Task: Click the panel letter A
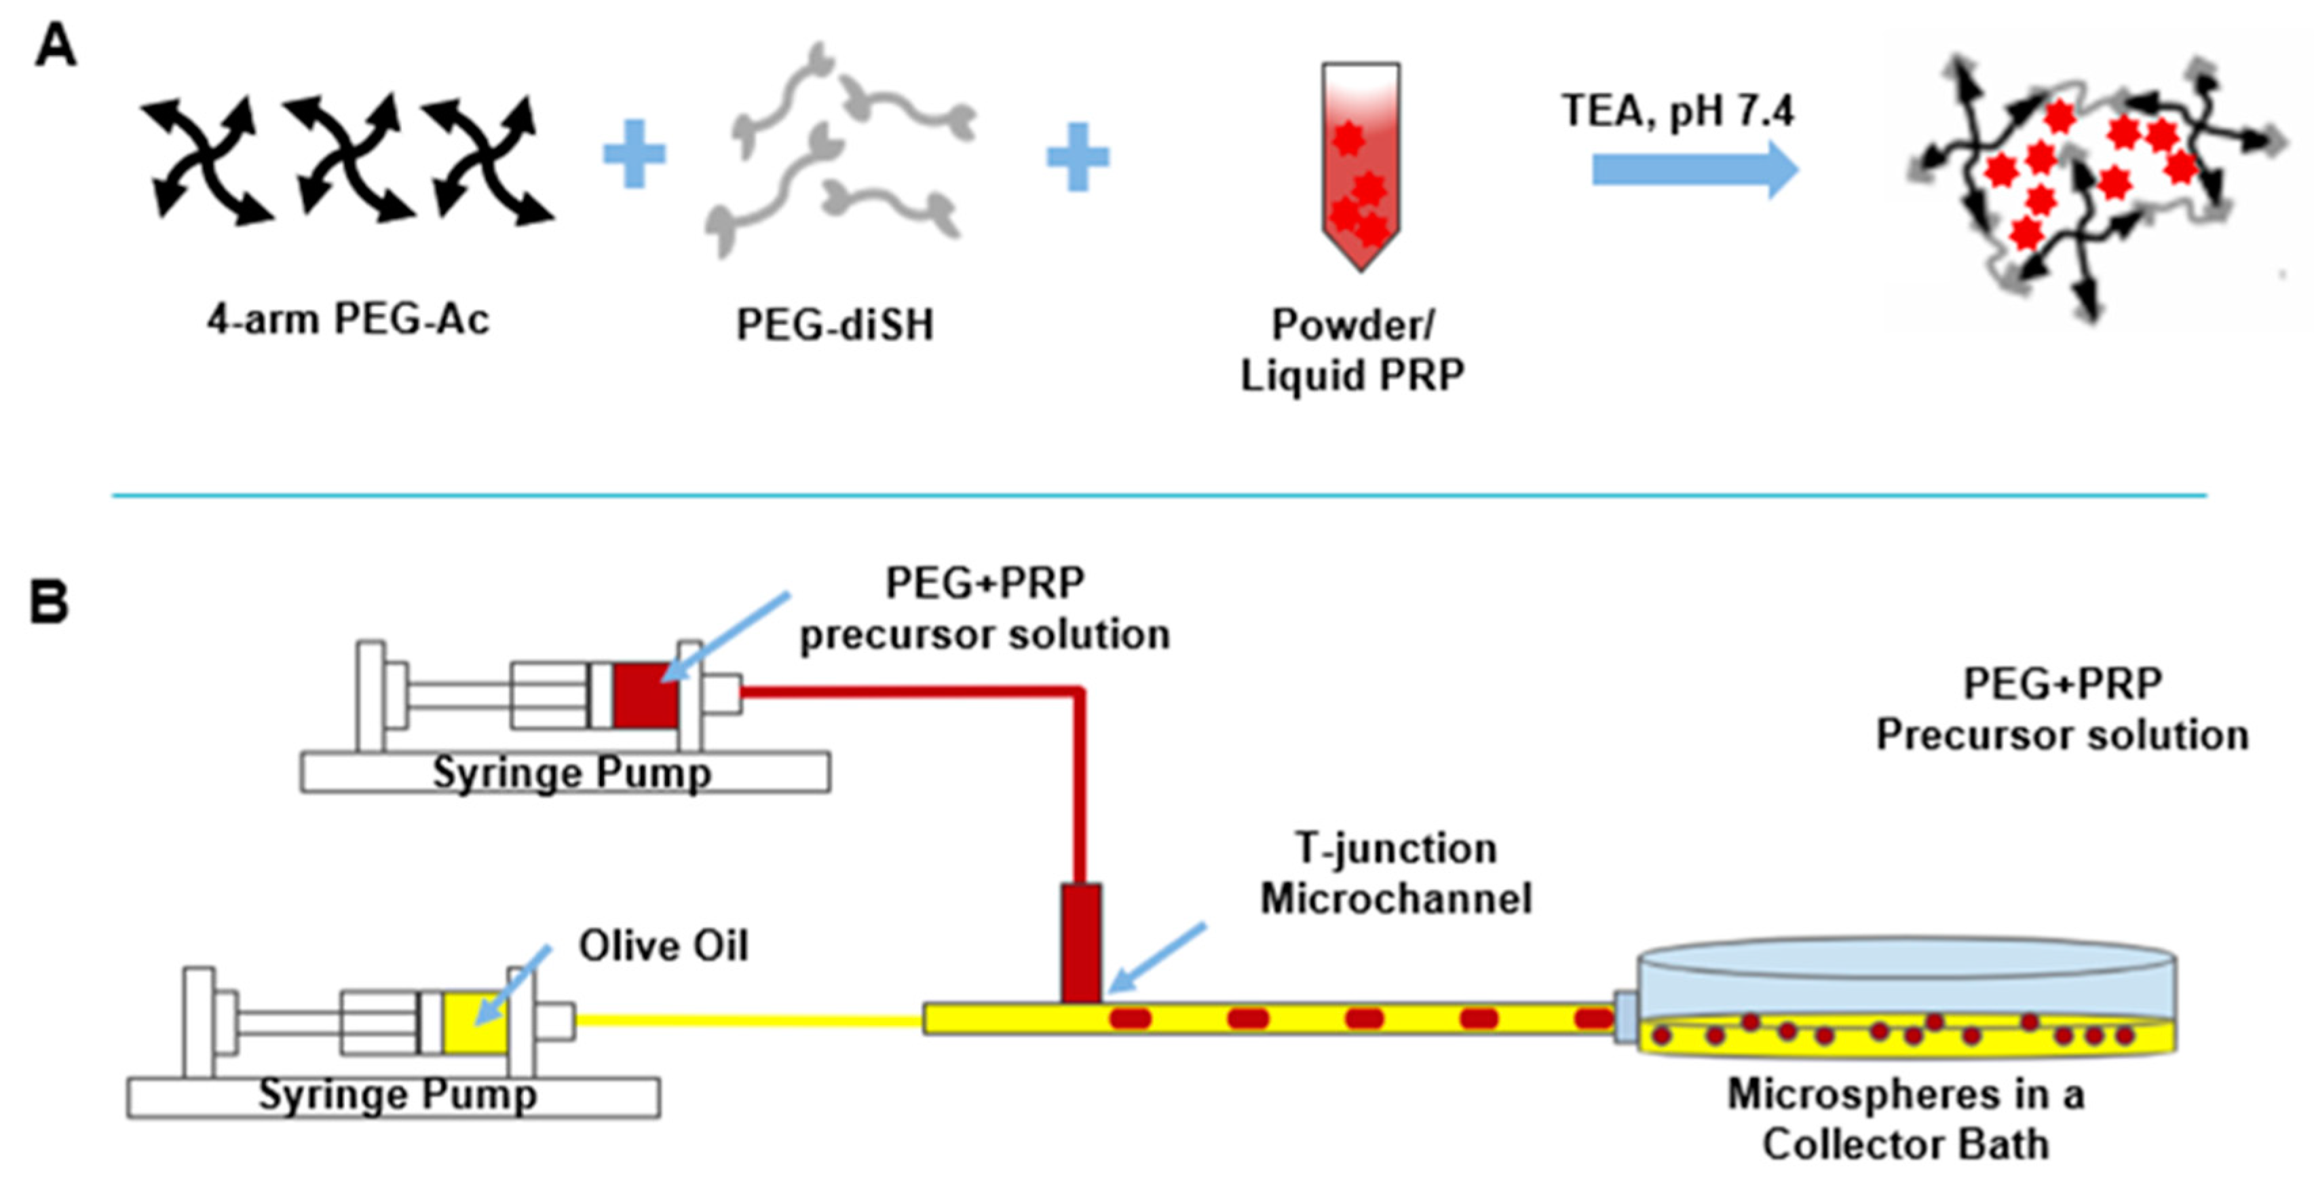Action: (x=55, y=45)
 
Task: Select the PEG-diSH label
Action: (x=835, y=325)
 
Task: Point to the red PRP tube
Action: (x=1360, y=166)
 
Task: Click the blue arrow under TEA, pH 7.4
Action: (x=1695, y=169)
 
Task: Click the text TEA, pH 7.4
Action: (x=1677, y=111)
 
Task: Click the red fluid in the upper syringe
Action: (x=646, y=695)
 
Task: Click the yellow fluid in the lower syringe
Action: (x=475, y=1022)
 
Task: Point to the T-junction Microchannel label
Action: (x=1396, y=873)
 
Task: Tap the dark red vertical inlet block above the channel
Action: (x=1080, y=943)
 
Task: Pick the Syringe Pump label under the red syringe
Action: (x=572, y=773)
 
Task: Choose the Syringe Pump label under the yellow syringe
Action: (x=398, y=1095)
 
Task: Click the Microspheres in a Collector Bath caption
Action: (x=1905, y=1119)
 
